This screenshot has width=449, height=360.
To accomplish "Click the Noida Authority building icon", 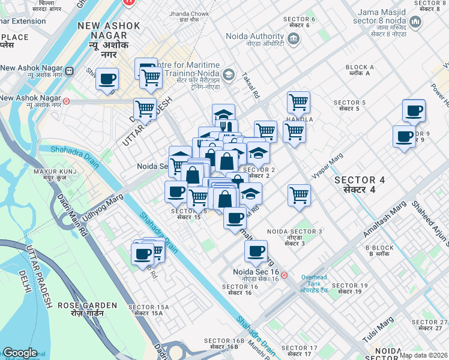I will (x=294, y=40).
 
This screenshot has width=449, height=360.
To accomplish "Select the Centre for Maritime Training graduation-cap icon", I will (x=228, y=74).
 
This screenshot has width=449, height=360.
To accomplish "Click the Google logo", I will (x=20, y=353).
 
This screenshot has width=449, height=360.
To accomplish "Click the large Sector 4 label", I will (x=359, y=184).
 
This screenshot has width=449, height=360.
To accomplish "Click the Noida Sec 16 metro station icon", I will (x=285, y=275).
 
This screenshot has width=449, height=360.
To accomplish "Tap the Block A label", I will (x=360, y=70).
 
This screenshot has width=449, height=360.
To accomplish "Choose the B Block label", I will (x=379, y=251).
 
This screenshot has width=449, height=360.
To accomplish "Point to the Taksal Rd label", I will (x=251, y=86).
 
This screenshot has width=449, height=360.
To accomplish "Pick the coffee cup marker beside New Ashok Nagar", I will (x=107, y=79).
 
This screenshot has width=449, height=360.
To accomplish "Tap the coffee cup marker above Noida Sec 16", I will (x=256, y=251).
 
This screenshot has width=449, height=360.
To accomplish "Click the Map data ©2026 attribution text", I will (x=423, y=355).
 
